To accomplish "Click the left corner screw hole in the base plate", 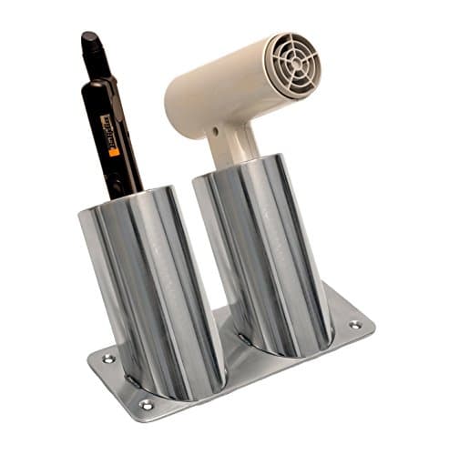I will click(x=108, y=359).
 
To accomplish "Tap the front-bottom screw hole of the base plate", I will click(x=146, y=404).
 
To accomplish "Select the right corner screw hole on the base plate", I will click(x=353, y=324).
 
